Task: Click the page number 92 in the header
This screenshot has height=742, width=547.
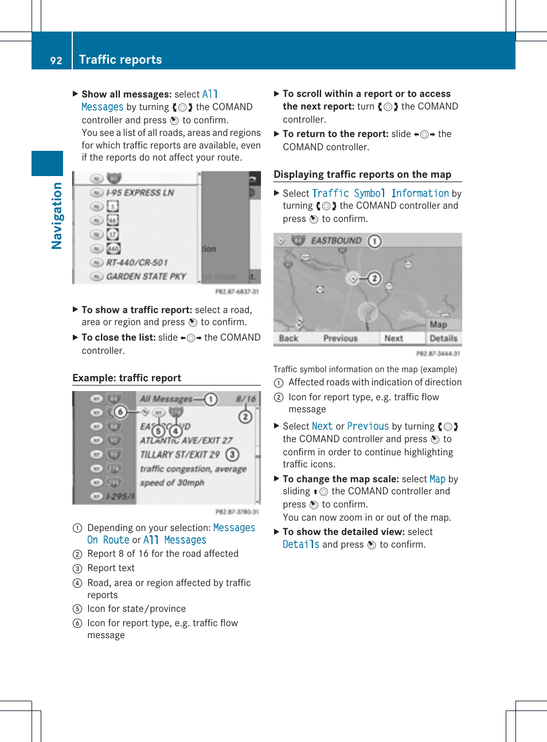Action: [x=56, y=60]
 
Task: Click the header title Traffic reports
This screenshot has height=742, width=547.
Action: [x=120, y=60]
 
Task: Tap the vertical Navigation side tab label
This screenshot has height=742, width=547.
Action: [x=56, y=216]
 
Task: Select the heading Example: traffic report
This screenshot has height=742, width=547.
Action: [x=127, y=378]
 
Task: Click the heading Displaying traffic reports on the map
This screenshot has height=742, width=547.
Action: [x=362, y=174]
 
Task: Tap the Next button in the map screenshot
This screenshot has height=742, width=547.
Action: [x=393, y=338]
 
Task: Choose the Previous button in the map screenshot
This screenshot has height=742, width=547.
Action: [x=340, y=338]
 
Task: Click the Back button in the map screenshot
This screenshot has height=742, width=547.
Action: [x=288, y=338]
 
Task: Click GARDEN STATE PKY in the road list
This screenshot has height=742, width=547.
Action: [x=146, y=276]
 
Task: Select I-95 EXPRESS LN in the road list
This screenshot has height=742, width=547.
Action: [x=140, y=193]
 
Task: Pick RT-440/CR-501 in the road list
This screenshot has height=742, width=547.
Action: [x=137, y=263]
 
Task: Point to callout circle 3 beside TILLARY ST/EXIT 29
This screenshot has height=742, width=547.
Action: [x=232, y=455]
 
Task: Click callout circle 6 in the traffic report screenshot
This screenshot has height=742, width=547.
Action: [x=120, y=412]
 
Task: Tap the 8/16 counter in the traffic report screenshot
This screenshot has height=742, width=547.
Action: [x=246, y=399]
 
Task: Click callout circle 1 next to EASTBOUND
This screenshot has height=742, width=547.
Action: [x=374, y=241]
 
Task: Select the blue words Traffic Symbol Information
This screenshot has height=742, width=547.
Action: [x=380, y=193]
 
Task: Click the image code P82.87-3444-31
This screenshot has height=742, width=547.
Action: [x=438, y=354]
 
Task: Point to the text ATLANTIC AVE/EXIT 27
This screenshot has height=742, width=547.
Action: [x=186, y=440]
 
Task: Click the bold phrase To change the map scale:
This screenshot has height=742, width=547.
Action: [x=341, y=479]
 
